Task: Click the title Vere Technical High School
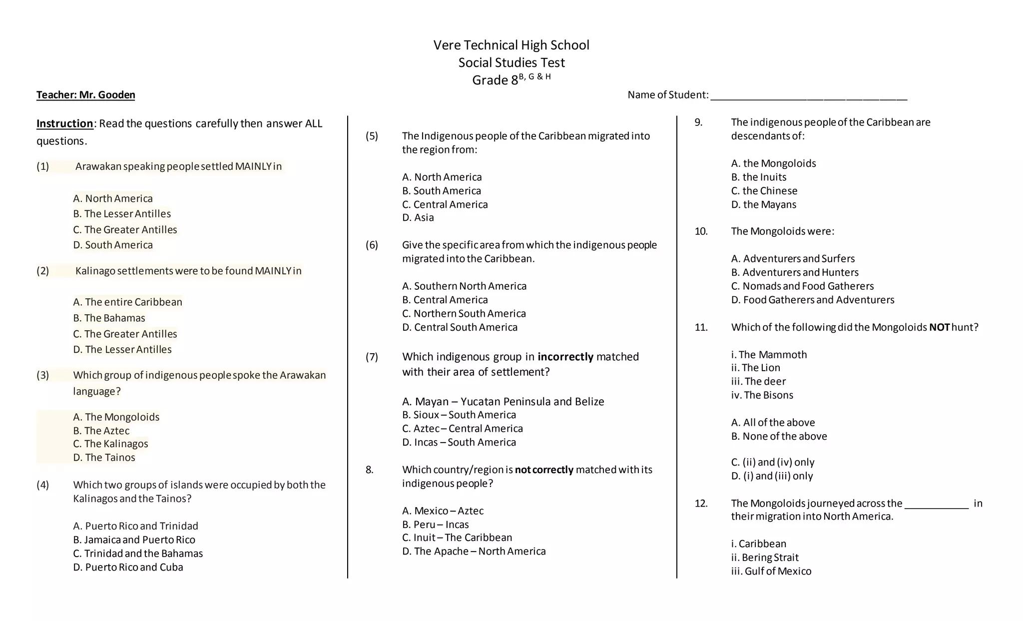[511, 45]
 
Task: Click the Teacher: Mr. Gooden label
[85, 95]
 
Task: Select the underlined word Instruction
[64, 123]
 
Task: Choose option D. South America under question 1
[113, 245]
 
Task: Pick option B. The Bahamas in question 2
[109, 318]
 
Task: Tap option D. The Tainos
[104, 457]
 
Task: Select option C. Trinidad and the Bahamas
[138, 553]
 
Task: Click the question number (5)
[372, 136]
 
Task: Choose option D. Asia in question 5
[418, 217]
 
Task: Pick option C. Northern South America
[464, 313]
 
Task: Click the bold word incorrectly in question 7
[565, 357]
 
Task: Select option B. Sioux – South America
[459, 415]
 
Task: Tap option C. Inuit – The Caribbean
[457, 538]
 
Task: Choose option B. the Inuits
[759, 177]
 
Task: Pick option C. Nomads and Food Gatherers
[802, 286]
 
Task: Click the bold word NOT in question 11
[939, 327]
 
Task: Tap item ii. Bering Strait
[765, 558]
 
